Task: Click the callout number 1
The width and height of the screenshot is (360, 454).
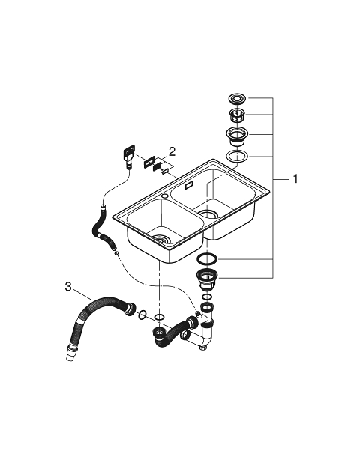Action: [x=295, y=179]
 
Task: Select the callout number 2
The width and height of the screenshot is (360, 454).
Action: [x=172, y=151]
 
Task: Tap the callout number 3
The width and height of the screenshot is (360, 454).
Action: [x=67, y=287]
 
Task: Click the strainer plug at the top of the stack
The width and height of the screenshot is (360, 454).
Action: [x=238, y=98]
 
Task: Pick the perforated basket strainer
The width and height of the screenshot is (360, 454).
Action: [x=238, y=116]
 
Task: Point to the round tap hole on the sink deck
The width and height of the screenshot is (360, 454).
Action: [x=165, y=197]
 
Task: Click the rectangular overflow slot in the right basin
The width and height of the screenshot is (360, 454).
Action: [x=190, y=185]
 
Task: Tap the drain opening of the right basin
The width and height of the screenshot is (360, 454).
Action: [x=208, y=214]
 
